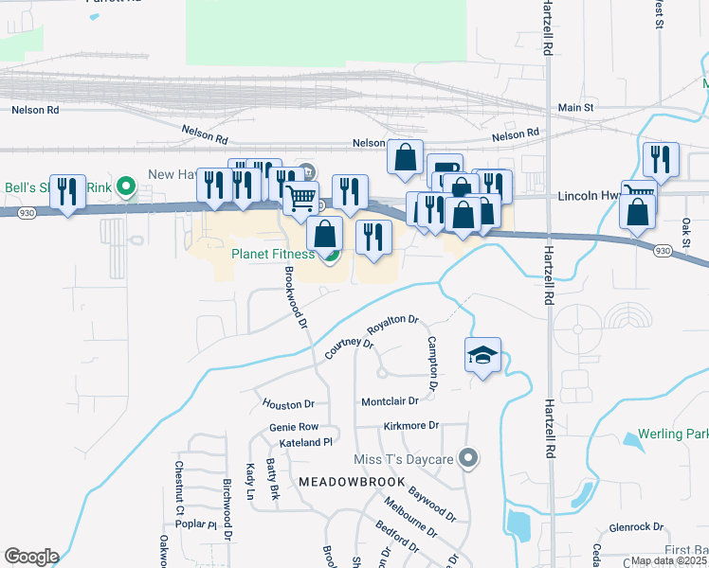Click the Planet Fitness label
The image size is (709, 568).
coord(274,254)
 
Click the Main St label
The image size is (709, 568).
coord(575,109)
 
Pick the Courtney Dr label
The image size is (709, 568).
coord(350,347)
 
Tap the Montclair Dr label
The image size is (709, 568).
coord(390,401)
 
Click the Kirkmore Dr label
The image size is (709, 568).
coord(412,426)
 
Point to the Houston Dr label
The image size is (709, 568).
coord(288,404)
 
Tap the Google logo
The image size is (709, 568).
coord(31,557)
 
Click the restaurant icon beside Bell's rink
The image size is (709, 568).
coord(67,193)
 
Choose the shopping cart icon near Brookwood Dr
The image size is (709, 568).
coord(301,200)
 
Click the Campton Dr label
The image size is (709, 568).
coord(432,364)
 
